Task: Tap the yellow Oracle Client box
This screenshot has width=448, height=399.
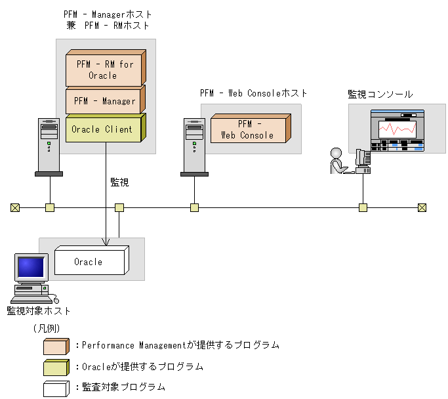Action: pos(102,129)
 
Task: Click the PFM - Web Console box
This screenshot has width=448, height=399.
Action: pos(247,129)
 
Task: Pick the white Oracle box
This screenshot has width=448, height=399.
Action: pos(89,262)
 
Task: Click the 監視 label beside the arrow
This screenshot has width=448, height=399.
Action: pos(119,182)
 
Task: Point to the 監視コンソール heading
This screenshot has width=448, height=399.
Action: pos(380,94)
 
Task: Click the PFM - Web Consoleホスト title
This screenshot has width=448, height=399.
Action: pos(253,93)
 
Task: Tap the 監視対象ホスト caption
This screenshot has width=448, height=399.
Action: pos(39,310)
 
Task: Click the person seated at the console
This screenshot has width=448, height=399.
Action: pos(338,161)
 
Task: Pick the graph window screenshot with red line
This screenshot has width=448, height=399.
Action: pos(397,131)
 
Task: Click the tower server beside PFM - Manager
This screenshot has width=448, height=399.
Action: pos(49,147)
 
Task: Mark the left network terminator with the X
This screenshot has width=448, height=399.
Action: pos(15,208)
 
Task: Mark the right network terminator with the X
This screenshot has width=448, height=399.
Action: pos(422,208)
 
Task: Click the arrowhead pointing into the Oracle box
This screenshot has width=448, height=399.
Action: pos(106,242)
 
